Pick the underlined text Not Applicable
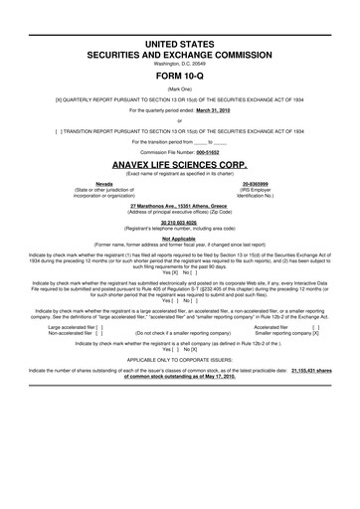pyautogui.click(x=179, y=241)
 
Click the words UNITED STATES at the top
pyautogui.click(x=179, y=32)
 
